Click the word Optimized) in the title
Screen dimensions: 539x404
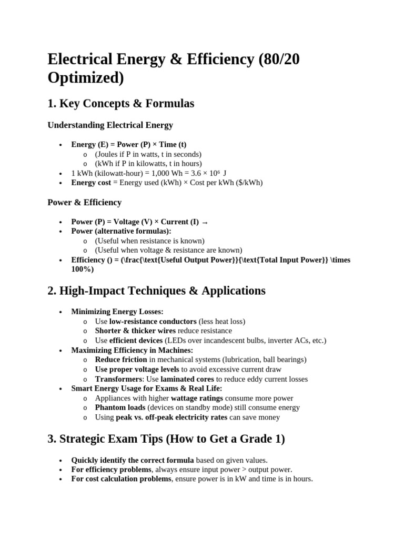coord(86,77)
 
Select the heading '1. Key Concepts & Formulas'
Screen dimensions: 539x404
coord(120,104)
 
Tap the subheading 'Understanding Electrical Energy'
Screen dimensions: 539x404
coord(110,125)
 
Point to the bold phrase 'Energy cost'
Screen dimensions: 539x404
coord(91,183)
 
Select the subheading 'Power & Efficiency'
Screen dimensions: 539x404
coord(84,203)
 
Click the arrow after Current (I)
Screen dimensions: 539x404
coord(205,222)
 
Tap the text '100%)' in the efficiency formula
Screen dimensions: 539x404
coord(82,269)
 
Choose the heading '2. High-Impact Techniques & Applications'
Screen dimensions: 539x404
coord(156,291)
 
